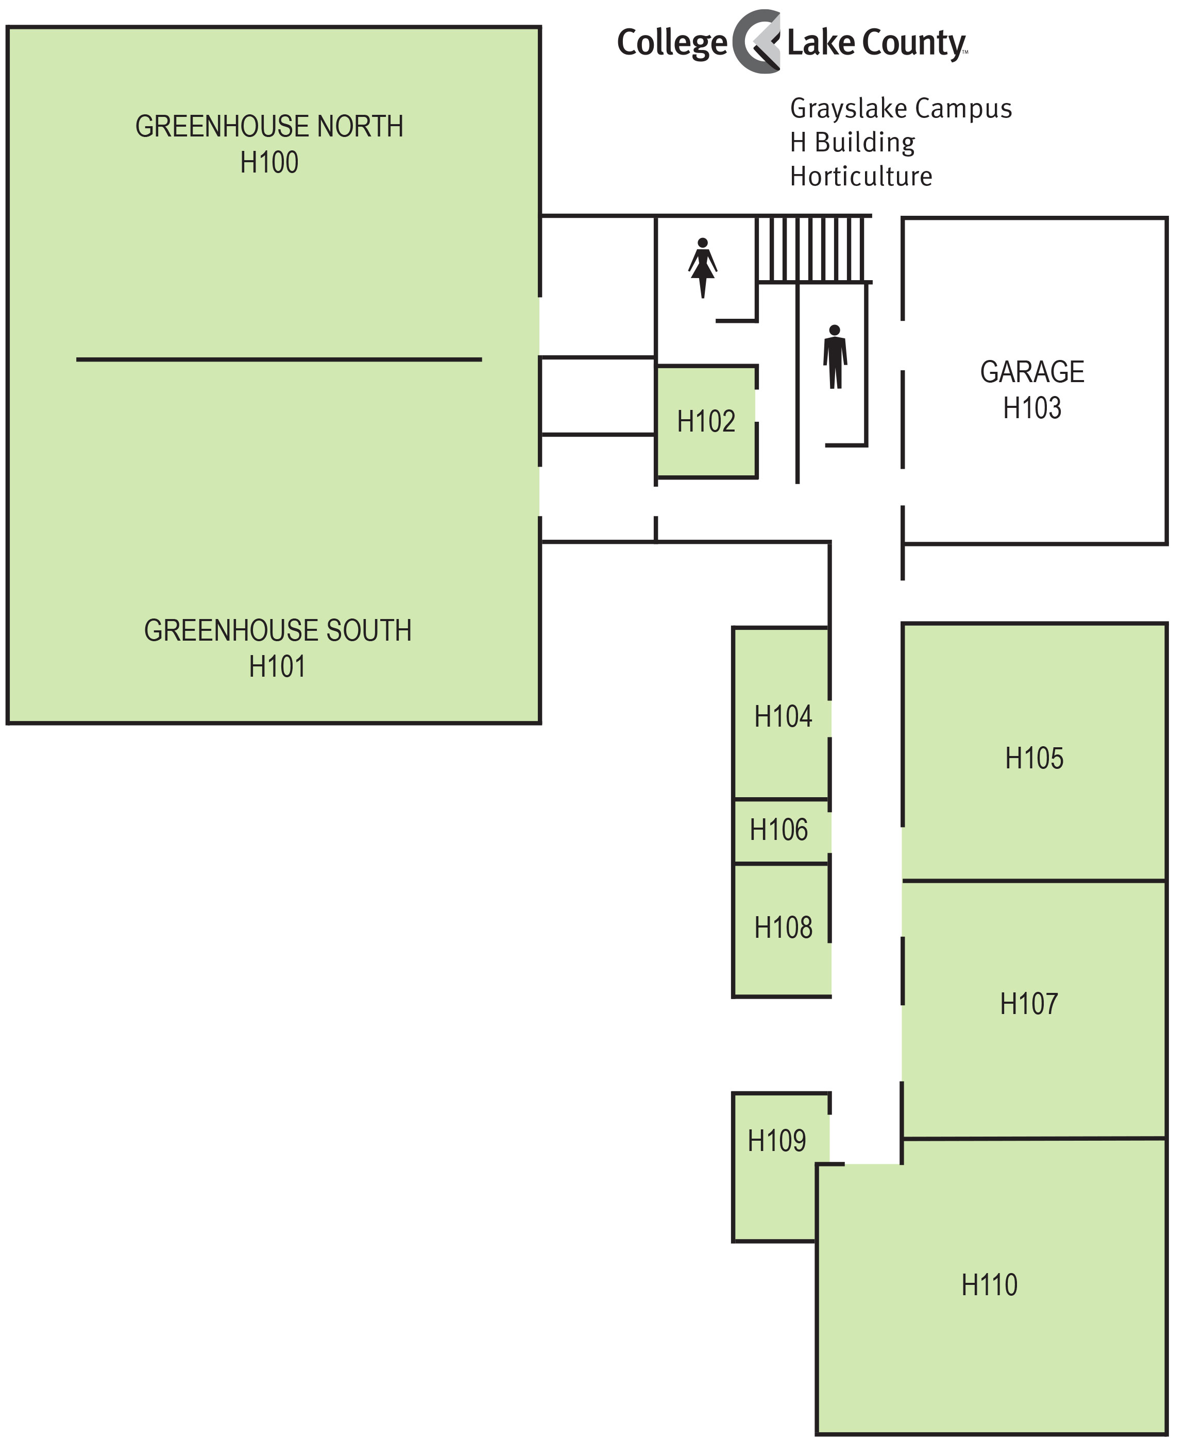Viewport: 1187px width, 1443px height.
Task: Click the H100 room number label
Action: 269,163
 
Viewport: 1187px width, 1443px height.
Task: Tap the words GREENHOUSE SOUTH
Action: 278,630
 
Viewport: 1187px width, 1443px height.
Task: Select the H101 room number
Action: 277,666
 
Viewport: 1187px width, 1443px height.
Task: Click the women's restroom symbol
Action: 702,267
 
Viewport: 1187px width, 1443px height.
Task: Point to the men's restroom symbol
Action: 835,357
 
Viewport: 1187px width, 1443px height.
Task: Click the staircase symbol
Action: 813,249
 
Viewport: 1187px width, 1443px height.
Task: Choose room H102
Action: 706,422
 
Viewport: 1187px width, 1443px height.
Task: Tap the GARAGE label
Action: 1032,372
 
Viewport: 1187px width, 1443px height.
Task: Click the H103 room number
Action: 1032,408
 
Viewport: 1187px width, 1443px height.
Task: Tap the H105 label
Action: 1034,758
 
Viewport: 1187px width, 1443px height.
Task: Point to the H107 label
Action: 1028,1004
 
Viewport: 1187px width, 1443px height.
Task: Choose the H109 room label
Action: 777,1141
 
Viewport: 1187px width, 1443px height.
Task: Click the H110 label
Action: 989,1285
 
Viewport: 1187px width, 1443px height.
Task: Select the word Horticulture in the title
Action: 861,176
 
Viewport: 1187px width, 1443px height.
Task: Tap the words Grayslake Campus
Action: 901,109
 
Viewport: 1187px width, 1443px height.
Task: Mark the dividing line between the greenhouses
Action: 279,359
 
